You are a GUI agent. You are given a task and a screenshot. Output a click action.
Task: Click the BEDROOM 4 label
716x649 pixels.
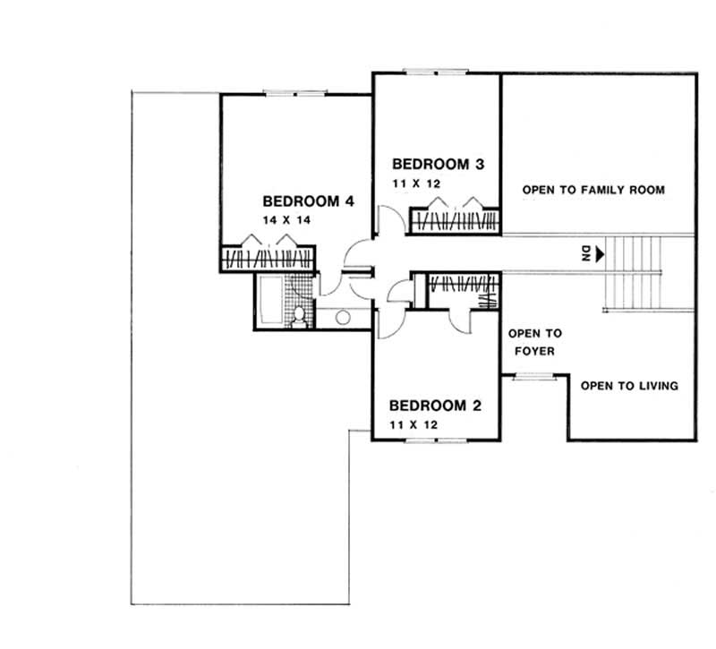tap(308, 201)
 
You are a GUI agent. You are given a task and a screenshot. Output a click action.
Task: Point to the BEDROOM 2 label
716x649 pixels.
tap(436, 406)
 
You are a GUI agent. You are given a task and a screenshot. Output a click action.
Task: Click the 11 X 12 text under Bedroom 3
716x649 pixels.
tap(414, 183)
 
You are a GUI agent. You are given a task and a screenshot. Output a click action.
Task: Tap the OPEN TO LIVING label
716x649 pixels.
tap(629, 387)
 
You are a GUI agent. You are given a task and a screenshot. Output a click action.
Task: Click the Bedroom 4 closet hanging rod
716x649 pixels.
tap(268, 259)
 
